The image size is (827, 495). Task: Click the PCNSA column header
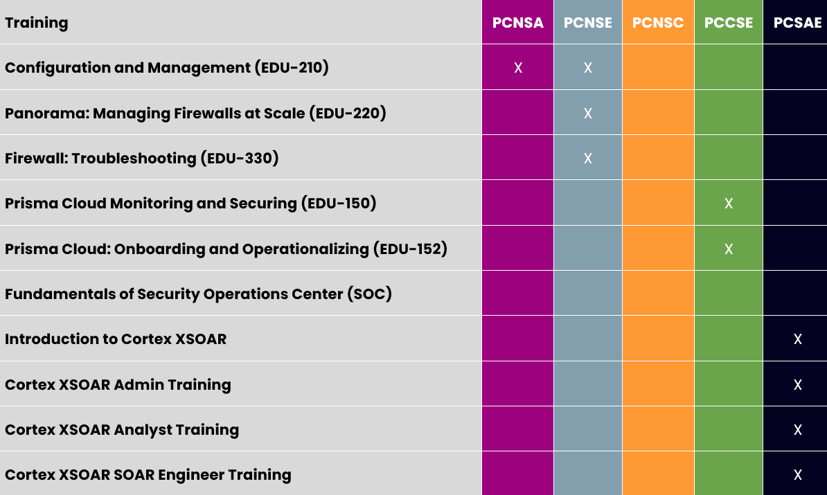click(518, 23)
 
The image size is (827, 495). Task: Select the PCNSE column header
click(588, 23)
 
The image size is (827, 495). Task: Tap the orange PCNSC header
click(658, 23)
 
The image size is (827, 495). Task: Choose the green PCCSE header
click(729, 23)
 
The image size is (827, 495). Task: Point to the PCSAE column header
click(797, 23)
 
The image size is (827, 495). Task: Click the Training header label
click(37, 23)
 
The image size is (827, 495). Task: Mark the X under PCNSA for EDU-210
click(518, 68)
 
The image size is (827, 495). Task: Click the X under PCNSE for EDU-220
click(588, 113)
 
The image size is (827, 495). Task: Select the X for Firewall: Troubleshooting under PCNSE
click(588, 159)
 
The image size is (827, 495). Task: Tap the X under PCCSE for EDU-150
click(729, 204)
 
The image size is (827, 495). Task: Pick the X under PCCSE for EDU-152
click(729, 249)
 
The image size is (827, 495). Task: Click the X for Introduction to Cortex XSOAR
click(797, 339)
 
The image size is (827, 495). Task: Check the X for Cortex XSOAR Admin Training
click(797, 385)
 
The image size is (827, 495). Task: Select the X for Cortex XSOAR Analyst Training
click(797, 430)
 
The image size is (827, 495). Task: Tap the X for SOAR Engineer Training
click(797, 475)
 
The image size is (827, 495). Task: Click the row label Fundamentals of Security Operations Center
click(199, 294)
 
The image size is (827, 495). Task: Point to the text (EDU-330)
click(240, 159)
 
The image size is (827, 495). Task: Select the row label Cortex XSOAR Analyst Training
click(122, 430)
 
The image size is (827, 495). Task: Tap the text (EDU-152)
click(410, 249)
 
